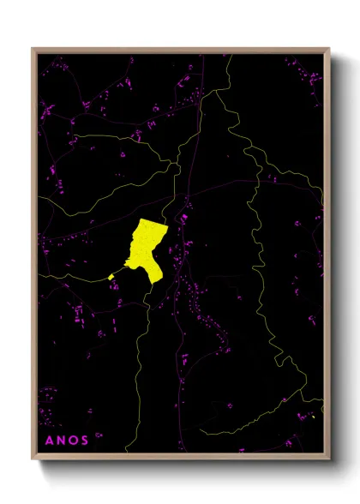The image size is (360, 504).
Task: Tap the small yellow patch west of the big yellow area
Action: pos(111,276)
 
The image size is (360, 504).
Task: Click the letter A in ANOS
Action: pos(49,441)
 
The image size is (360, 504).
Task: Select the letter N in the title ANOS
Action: pos(64,441)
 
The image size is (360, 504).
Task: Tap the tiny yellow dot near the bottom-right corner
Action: pos(315,417)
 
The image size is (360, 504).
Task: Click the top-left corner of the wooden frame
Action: pos(33,49)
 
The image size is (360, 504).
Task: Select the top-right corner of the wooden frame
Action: pos(329,49)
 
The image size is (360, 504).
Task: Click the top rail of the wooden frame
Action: pos(180,50)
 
